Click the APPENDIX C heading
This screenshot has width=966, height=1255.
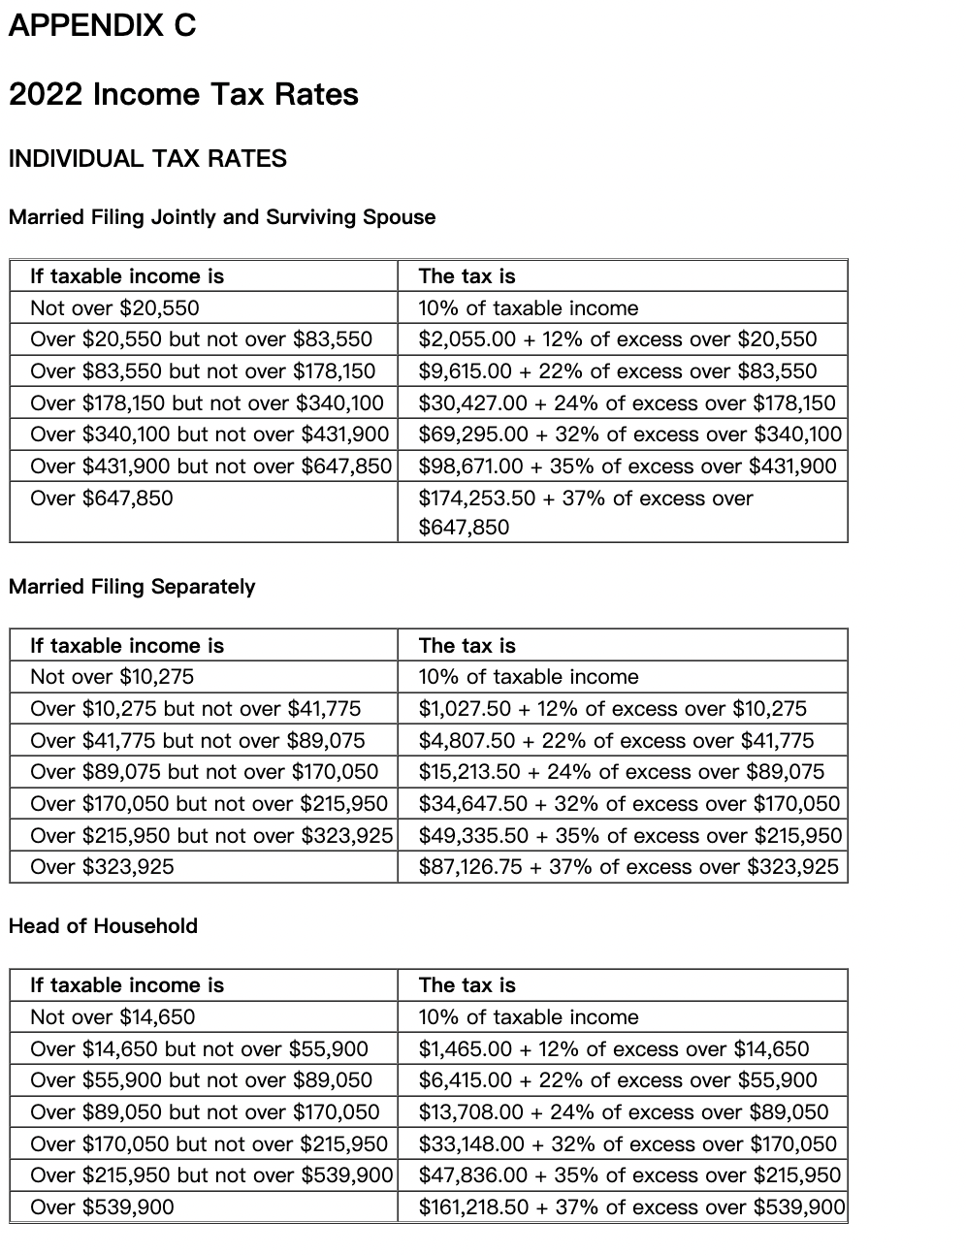[102, 26]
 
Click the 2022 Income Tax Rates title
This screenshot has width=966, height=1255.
[183, 94]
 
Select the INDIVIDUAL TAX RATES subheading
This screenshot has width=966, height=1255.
[147, 159]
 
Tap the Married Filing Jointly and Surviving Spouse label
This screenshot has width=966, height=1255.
[222, 217]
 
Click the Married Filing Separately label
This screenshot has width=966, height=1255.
[132, 587]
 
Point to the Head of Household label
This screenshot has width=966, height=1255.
[103, 926]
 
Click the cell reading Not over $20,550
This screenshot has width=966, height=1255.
[114, 308]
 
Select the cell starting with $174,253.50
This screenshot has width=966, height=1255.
[585, 512]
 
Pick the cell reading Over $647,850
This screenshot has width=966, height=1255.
[102, 499]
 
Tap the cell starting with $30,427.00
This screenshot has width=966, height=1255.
[627, 403]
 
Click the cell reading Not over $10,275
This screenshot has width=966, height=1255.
[112, 677]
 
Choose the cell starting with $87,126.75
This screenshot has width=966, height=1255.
[628, 867]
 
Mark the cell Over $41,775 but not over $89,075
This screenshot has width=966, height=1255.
[198, 741]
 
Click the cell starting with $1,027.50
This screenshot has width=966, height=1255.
[612, 709]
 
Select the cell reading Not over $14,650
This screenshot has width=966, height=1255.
[113, 1017]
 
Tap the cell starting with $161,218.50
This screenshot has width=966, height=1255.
[631, 1207]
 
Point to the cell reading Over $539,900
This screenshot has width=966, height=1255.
[102, 1207]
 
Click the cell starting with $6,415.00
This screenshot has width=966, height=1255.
[618, 1080]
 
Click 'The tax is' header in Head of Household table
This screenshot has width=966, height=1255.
[467, 985]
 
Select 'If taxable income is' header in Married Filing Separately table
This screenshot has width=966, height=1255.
[127, 646]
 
